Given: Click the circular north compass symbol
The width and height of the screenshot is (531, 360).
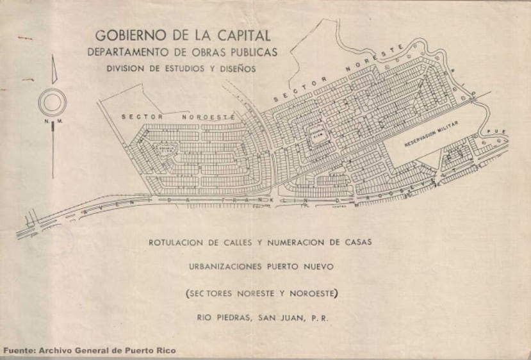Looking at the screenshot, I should [x=53, y=102].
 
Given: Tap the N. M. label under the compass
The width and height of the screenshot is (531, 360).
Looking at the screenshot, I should [x=53, y=120].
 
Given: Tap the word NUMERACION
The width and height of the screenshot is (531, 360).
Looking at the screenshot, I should [x=304, y=243].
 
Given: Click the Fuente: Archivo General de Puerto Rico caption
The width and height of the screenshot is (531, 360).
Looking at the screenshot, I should [x=89, y=350].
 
